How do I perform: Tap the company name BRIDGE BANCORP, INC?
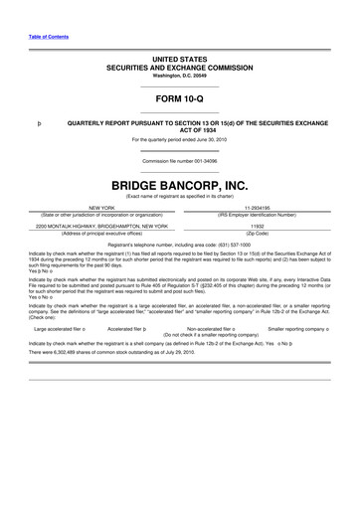180,185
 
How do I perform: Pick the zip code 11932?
258,226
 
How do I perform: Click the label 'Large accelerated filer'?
61,326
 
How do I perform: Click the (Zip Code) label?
258,234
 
